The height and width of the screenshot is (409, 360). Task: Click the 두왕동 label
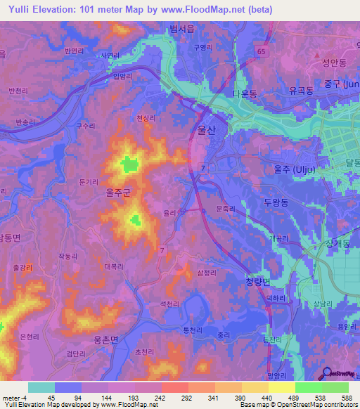[276, 200]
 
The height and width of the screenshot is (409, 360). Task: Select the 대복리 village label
[114, 266]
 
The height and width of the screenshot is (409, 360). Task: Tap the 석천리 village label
[172, 303]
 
